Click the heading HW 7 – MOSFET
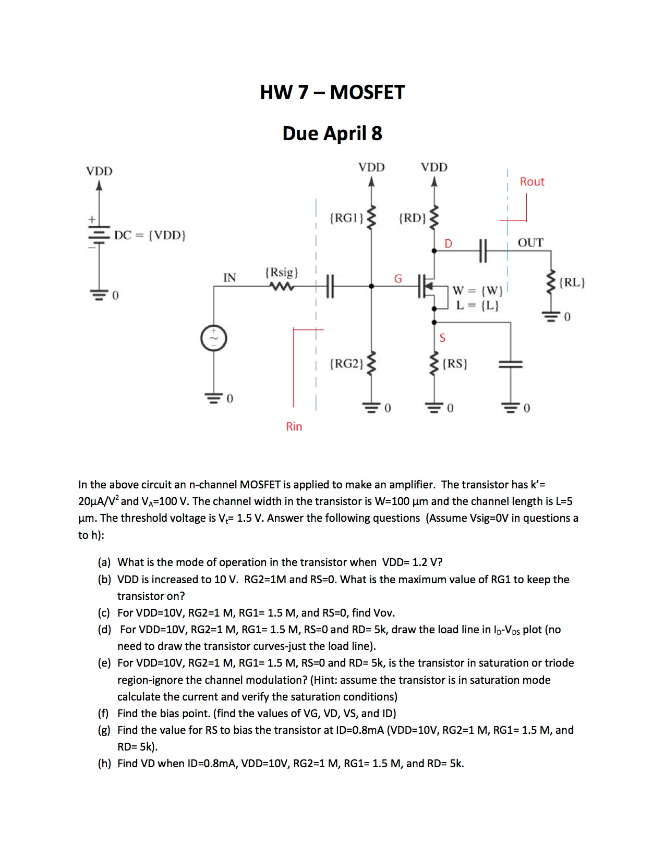pos(332,92)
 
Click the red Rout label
pos(531,181)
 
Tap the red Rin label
pos(294,426)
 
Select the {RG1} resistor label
pos(346,217)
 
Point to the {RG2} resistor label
pos(346,363)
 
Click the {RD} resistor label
pos(412,217)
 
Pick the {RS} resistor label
pos(455,363)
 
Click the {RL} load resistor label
pos(572,282)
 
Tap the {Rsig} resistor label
pos(282,272)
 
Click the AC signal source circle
pos(213,338)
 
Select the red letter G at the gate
pos(398,278)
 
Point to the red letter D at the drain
pos(448,243)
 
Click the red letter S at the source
pos(442,338)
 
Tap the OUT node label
pos(530,242)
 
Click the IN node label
pos(229,277)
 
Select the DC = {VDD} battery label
pos(150,235)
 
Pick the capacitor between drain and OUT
pos(482,251)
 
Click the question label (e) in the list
pos(104,662)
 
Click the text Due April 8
pos(332,133)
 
